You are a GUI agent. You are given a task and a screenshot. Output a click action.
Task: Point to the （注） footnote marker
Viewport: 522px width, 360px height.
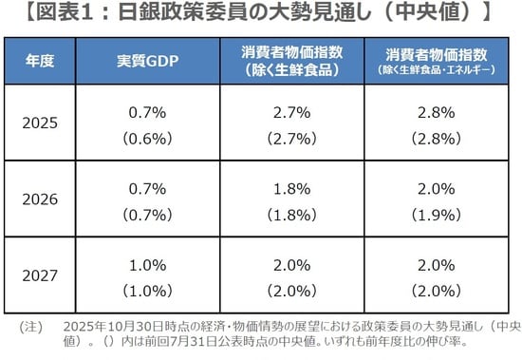click(30, 327)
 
